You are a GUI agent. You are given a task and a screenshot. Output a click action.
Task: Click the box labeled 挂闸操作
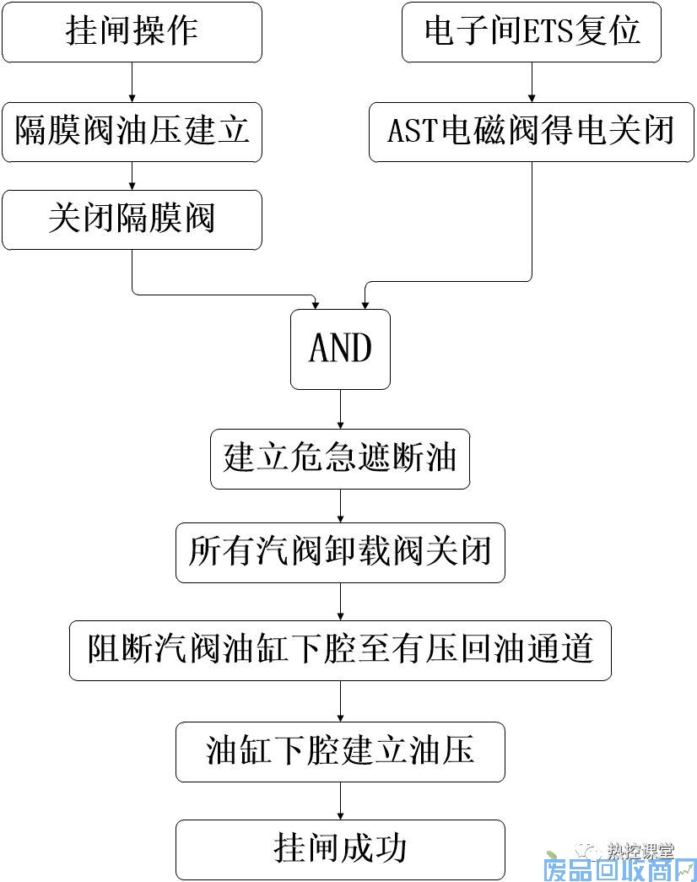(x=132, y=32)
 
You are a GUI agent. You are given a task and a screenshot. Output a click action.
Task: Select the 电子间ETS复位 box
(x=531, y=32)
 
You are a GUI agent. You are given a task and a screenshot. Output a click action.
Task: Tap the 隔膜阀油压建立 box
(x=132, y=132)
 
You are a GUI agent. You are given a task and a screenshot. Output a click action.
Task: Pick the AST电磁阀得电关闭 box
(x=531, y=132)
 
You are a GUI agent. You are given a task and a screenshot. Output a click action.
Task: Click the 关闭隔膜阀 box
(x=132, y=219)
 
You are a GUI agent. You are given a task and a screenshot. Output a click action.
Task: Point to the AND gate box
(x=340, y=349)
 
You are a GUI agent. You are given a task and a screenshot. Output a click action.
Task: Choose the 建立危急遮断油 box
(x=340, y=459)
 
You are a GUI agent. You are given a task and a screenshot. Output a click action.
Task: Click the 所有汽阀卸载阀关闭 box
(x=340, y=553)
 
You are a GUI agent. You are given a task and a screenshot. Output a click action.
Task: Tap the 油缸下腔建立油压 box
(x=340, y=751)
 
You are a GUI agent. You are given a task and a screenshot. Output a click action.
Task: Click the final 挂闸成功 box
(x=340, y=848)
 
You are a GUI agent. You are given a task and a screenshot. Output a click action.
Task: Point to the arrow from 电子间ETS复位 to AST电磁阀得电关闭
(x=531, y=82)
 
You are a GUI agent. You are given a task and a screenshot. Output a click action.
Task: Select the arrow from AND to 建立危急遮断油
(x=340, y=410)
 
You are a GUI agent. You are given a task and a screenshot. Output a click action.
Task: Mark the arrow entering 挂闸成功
(x=340, y=800)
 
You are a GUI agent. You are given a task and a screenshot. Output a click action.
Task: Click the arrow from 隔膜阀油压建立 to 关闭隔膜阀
(x=132, y=176)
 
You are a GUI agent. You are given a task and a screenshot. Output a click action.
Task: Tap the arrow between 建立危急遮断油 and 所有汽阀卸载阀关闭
(x=340, y=506)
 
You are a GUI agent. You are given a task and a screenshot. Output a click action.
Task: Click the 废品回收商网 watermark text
(x=619, y=868)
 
